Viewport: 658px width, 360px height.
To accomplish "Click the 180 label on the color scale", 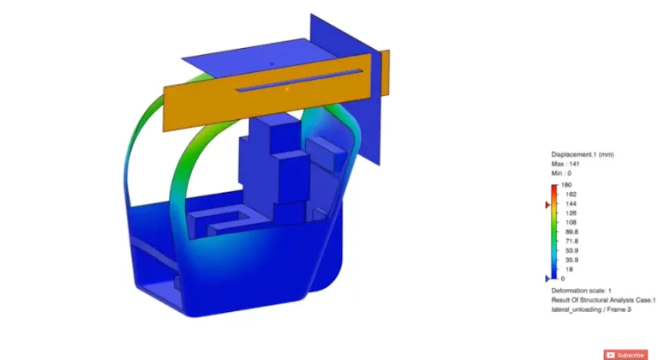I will tap(566, 185).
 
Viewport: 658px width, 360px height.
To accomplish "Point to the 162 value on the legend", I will tap(566, 195).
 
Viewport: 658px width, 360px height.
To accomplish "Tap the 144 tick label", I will tap(566, 204).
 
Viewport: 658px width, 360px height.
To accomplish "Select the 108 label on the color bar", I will tap(566, 222).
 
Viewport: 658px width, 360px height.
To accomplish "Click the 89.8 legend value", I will tap(567, 231).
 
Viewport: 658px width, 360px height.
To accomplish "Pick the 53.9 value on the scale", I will tap(567, 250).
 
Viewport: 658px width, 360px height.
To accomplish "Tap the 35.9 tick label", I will tap(567, 260).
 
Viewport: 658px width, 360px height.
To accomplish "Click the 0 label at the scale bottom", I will tap(562, 279).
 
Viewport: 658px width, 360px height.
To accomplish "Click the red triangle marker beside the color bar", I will tap(548, 206).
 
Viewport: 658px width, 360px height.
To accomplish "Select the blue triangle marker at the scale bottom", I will tap(548, 279).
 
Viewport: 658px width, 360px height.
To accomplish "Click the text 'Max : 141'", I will tap(567, 163).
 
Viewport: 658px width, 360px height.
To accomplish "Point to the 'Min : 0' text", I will tap(564, 172).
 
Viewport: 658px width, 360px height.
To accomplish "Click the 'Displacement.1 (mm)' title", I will tap(583, 153).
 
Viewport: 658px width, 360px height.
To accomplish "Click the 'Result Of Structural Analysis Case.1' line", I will tap(603, 300).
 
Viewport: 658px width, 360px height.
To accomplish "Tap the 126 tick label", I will tap(566, 213).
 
